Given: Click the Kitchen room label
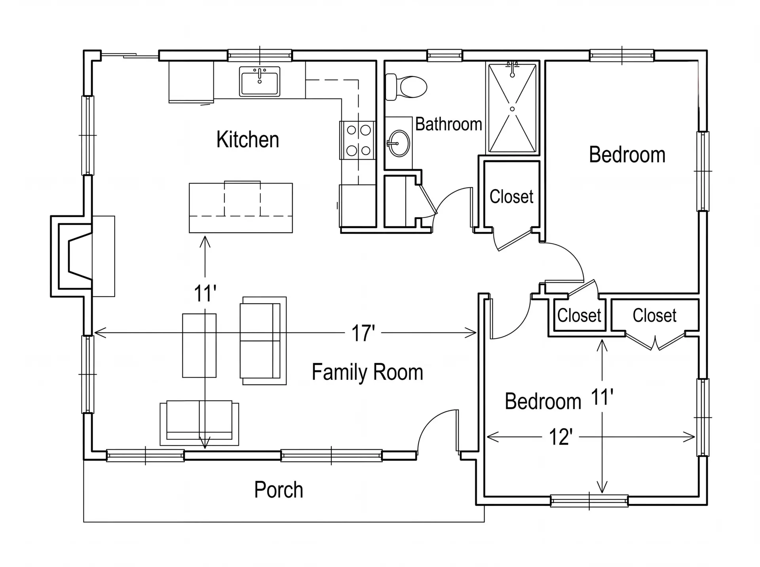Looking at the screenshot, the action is pos(247,140).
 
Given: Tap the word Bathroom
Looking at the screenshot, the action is pos(448,124).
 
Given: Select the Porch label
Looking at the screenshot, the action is pos(279,490).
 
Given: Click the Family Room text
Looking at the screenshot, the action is pos(367,372).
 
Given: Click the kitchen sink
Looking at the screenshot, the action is pos(260,81).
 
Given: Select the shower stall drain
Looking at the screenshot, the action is pos(512,109).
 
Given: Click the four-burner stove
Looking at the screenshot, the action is pos(357,140).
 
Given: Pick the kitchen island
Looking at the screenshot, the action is pos(241,207).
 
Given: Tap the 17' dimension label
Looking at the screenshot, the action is pos(363,333).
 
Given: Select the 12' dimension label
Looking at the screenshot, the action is pos(560,437).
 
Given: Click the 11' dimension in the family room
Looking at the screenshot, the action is pos(205,294).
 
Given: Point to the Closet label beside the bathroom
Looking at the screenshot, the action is pos(511,197).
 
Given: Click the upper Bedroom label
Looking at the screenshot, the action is pos(627,155).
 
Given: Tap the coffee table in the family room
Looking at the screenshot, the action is pos(199,345).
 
